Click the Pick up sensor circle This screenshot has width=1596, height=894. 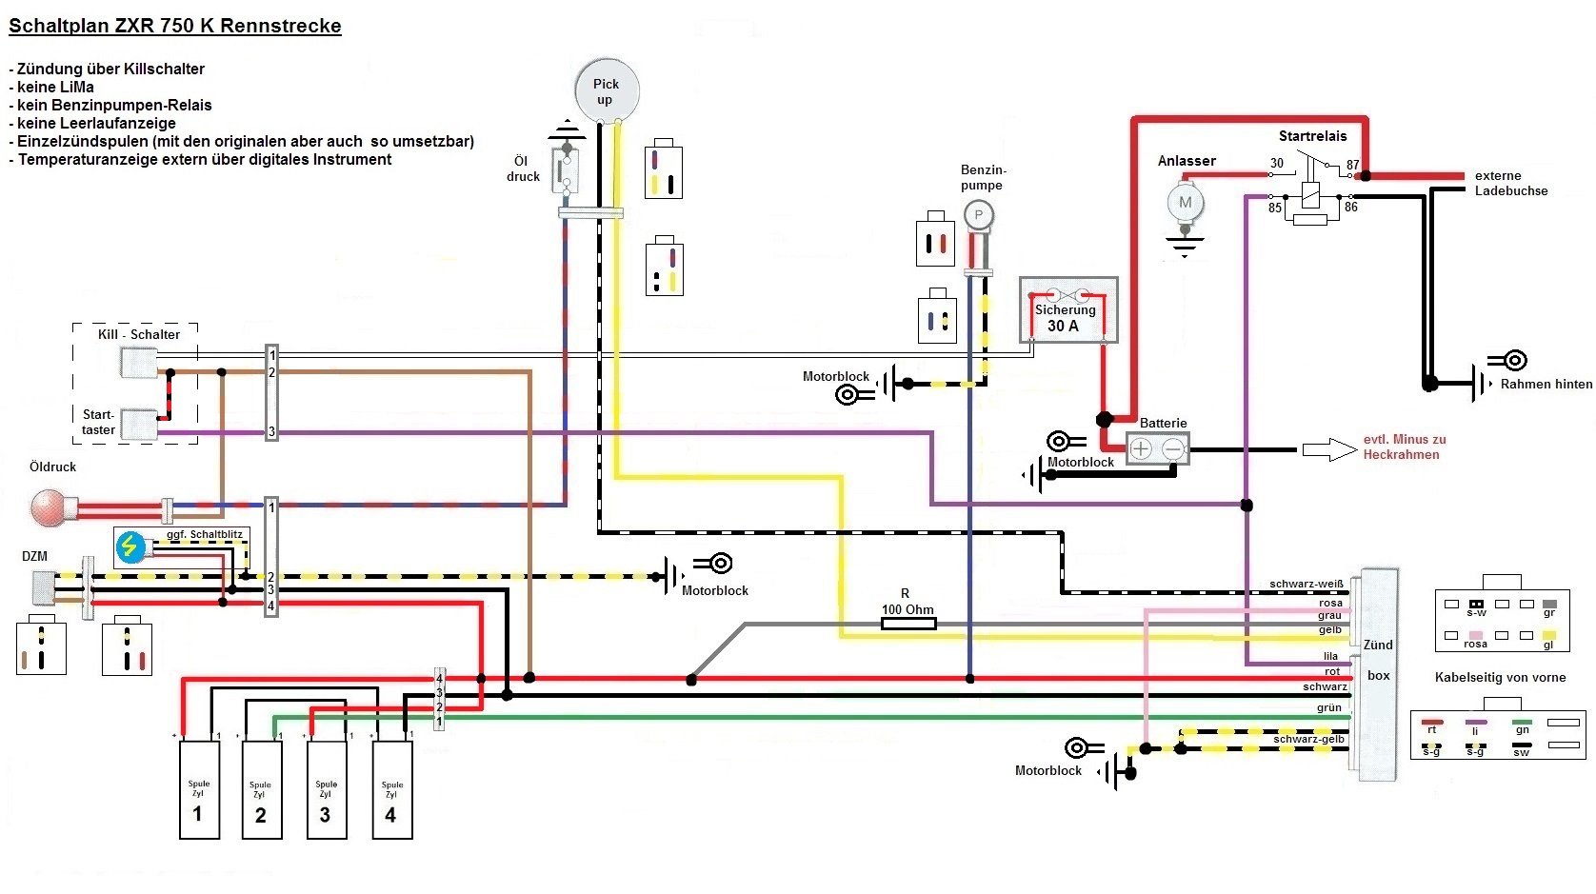coord(607,91)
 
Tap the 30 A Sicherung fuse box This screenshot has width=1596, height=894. coord(1068,310)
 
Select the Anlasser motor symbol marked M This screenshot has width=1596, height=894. coord(1186,202)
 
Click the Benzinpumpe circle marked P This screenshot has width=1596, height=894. coord(978,215)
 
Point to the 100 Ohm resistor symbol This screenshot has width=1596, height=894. coord(908,624)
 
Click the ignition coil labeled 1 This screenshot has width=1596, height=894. coord(199,790)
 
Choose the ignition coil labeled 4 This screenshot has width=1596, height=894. coord(391,790)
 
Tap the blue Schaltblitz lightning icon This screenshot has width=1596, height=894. coord(130,546)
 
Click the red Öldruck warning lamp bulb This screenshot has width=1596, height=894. coord(48,508)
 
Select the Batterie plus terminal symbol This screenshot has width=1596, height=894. coord(1141,448)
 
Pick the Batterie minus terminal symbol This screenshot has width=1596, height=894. coord(1174,448)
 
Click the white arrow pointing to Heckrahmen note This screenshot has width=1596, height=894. coord(1329,449)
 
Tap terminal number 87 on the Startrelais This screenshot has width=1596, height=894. coord(1352,165)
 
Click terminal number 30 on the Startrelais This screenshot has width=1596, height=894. coord(1277,163)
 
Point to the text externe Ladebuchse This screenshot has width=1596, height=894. coord(1510,183)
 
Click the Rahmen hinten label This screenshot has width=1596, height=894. coord(1546,385)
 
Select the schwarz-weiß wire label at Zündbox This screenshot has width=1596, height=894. coord(1306,584)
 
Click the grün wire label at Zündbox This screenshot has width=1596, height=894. coord(1328,707)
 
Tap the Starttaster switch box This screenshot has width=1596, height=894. coord(139,425)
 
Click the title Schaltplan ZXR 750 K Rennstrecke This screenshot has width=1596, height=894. coord(175,27)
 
